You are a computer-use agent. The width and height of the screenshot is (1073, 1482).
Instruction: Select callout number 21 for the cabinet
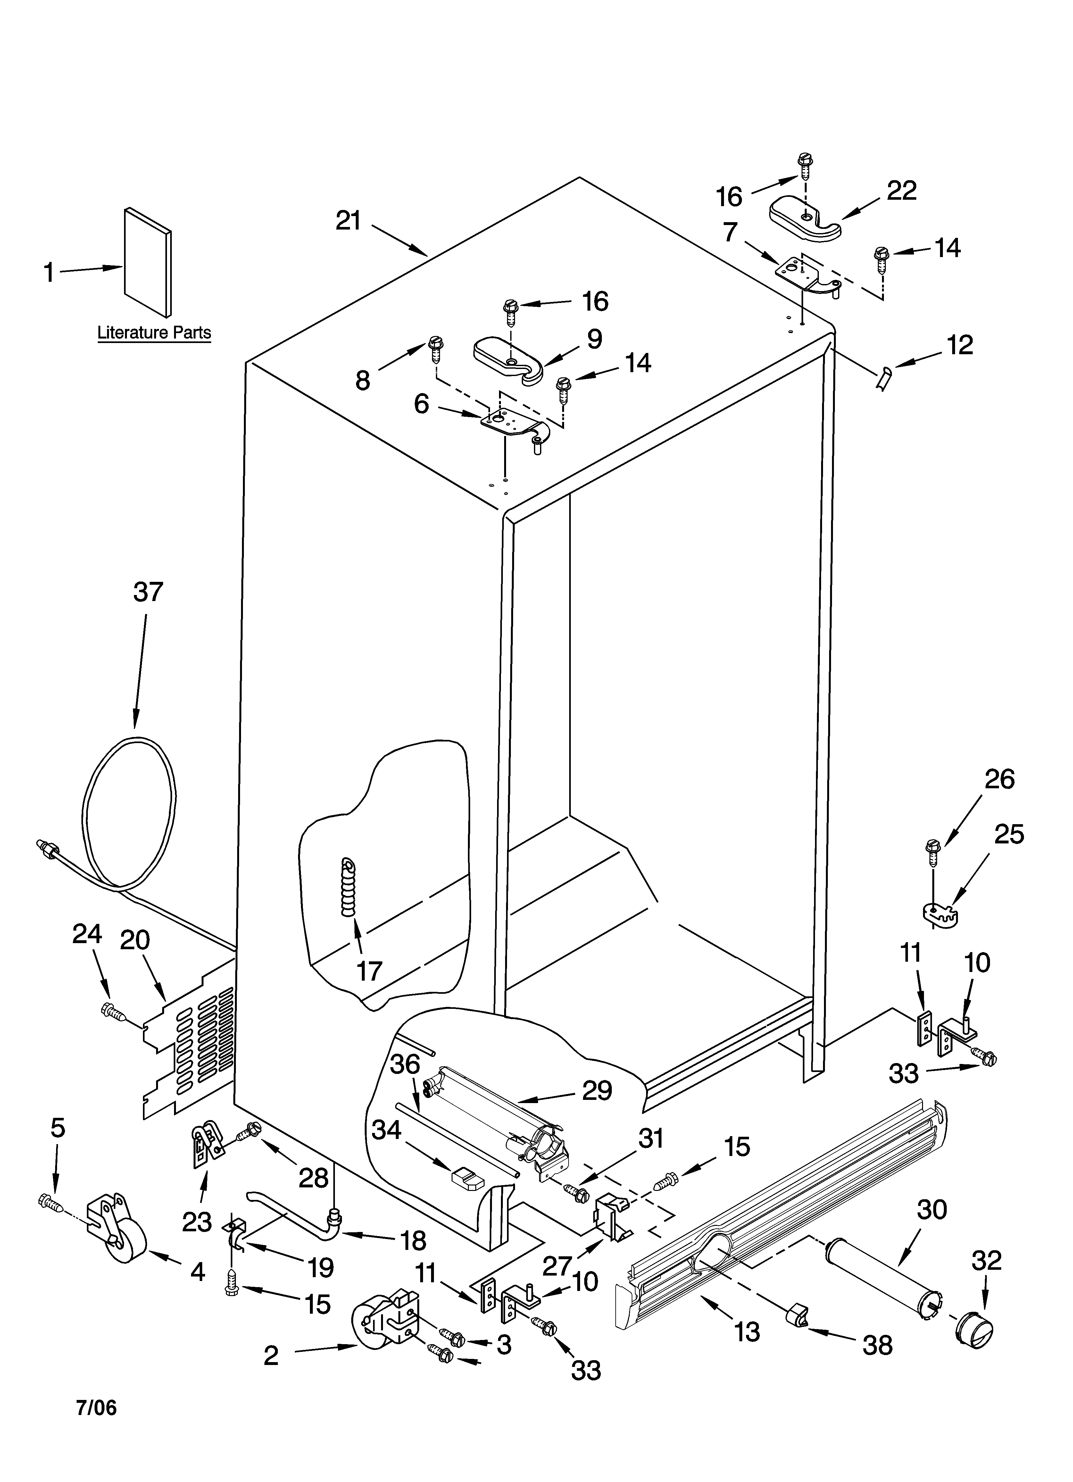[x=348, y=222]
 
